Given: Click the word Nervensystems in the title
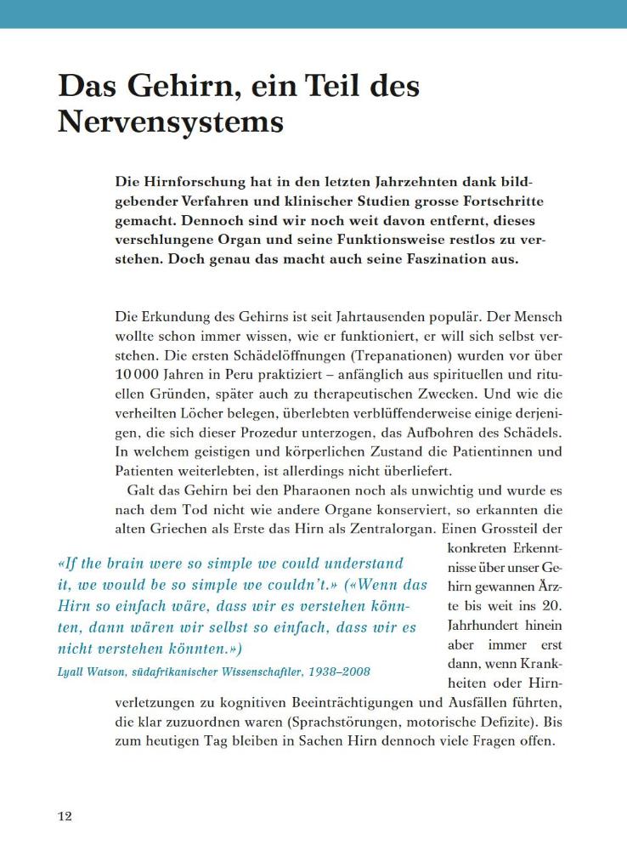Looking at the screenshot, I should (170, 122).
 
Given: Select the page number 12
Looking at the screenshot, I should (65, 817).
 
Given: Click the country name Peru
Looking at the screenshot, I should (233, 374).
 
